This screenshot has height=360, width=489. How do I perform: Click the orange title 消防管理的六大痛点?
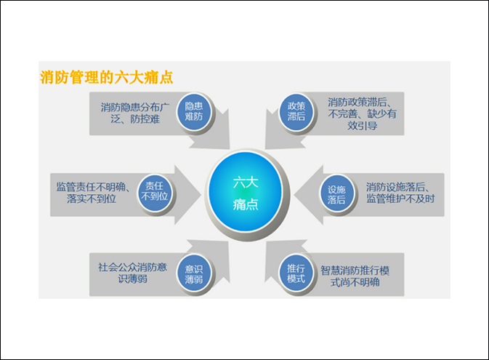click(x=106, y=77)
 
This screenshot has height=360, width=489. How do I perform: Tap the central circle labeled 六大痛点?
click(x=246, y=192)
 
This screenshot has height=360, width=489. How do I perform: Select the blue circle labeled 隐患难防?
click(x=194, y=111)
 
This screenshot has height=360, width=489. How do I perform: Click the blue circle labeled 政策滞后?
click(x=296, y=112)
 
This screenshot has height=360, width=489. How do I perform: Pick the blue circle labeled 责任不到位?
click(x=155, y=192)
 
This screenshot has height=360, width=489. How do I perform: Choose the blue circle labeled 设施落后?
click(x=336, y=194)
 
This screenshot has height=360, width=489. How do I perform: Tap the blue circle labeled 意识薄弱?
click(x=194, y=274)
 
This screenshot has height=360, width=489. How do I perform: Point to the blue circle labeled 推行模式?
click(x=296, y=273)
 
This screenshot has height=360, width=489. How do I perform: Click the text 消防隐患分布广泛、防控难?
click(x=135, y=113)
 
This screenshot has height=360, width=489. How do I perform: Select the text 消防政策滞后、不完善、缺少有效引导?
click(x=362, y=113)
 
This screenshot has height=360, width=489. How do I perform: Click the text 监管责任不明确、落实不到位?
click(x=92, y=193)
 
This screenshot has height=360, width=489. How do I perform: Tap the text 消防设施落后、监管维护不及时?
click(x=400, y=193)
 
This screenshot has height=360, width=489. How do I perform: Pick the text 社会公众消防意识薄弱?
click(x=132, y=273)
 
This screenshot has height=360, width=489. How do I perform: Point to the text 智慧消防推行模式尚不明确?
click(x=355, y=276)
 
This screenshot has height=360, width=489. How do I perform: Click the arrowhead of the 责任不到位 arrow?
click(x=187, y=195)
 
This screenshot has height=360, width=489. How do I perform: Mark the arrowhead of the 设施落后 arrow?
click(x=308, y=195)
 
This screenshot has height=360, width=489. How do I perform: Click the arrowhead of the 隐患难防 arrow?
click(x=215, y=135)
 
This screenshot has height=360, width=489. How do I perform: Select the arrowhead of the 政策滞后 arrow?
click(x=279, y=135)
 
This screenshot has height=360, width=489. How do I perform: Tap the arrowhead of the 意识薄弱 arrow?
click(x=214, y=256)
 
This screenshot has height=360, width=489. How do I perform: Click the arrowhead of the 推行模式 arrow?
click(x=280, y=256)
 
